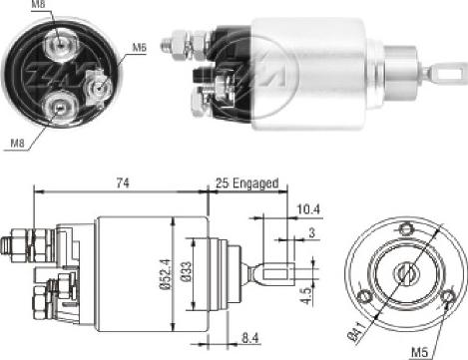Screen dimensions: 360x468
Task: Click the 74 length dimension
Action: point(121,181)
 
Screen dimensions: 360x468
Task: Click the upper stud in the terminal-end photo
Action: point(60,40)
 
